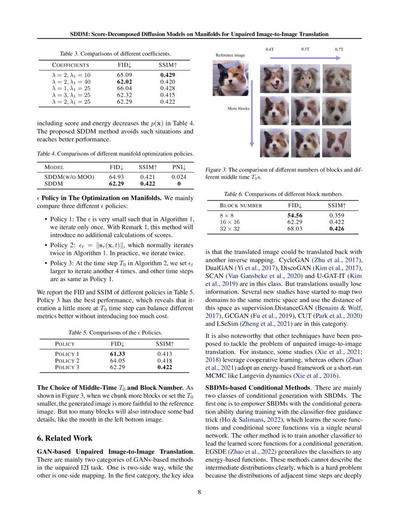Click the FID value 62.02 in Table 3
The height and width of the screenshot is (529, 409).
tap(124, 82)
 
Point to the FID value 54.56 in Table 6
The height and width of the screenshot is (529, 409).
tap(294, 216)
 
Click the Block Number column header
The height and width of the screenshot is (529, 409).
tap(241, 205)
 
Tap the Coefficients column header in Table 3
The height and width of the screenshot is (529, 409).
tap(70, 64)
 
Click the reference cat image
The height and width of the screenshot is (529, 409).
tap(230, 78)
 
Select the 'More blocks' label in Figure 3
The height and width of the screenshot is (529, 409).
tap(239, 109)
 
